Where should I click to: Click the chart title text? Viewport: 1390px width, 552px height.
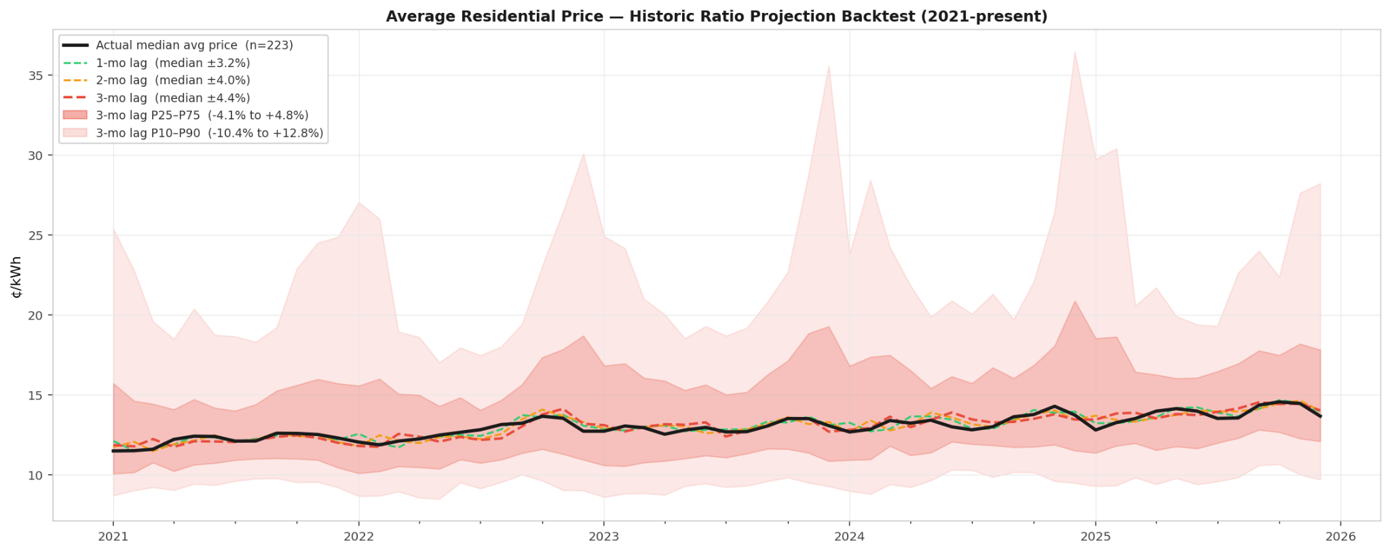tap(716, 16)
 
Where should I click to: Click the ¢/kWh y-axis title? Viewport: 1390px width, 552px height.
tap(17, 277)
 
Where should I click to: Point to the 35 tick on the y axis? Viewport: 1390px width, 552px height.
tap(35, 75)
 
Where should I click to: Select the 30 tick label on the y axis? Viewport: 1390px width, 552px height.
tap(35, 155)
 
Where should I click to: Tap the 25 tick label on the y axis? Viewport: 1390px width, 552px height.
tap(35, 235)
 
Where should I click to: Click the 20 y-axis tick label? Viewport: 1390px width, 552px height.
tap(35, 315)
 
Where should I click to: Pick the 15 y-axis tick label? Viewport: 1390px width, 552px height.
tap(35, 395)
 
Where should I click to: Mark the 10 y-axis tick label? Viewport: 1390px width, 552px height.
tap(35, 475)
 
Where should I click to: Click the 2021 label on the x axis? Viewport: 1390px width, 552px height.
tap(113, 536)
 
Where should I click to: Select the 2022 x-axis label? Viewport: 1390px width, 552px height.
tap(358, 536)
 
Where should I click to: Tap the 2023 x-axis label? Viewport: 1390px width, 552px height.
tap(603, 536)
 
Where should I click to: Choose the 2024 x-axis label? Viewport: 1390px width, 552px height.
tap(849, 536)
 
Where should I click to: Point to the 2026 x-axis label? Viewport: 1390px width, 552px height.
tap(1340, 536)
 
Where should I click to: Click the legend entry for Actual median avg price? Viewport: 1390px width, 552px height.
tap(194, 45)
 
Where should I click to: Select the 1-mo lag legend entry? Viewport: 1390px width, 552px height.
tap(172, 63)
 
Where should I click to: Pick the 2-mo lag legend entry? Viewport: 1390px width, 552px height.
tap(172, 81)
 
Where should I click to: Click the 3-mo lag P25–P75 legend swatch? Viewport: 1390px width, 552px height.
tap(75, 115)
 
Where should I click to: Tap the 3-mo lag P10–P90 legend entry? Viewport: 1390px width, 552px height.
tap(209, 133)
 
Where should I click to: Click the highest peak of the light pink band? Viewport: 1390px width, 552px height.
tap(1075, 53)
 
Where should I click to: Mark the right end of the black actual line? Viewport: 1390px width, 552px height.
tap(1320, 416)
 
